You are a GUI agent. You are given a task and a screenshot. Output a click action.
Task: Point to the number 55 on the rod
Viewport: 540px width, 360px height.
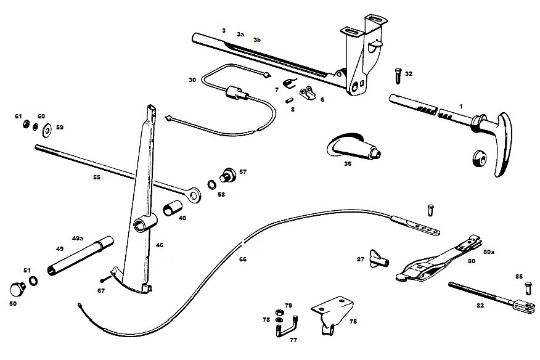click(96, 178)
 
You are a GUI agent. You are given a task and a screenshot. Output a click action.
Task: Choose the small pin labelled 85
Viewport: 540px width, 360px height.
click(528, 287)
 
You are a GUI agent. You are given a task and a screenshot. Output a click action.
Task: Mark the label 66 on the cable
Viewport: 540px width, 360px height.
click(242, 260)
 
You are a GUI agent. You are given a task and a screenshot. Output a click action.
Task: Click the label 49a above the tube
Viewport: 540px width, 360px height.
click(78, 237)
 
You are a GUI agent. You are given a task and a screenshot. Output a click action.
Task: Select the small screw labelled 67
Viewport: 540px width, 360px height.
click(103, 280)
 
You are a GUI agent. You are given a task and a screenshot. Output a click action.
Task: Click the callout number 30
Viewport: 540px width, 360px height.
click(192, 80)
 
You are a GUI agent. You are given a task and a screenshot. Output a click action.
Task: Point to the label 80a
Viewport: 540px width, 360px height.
click(489, 252)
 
